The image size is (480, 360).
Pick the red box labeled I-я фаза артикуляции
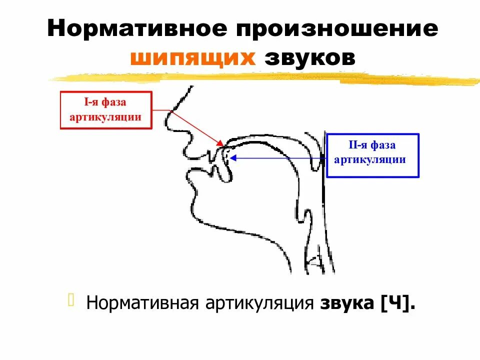pyautogui.click(x=106, y=110)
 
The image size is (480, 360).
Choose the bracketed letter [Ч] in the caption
pyautogui.click(x=397, y=303)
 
